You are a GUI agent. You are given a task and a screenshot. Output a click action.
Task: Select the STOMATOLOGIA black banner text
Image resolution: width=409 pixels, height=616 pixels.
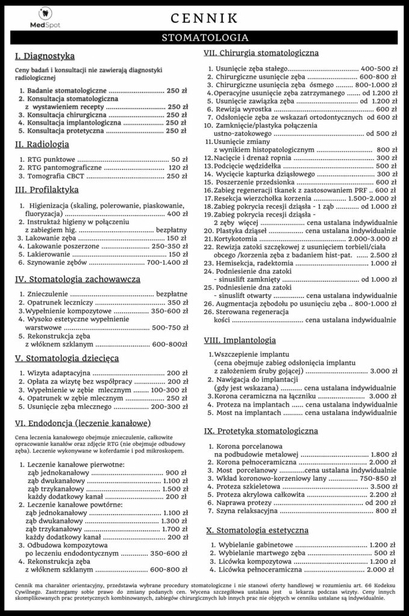(x=205, y=39)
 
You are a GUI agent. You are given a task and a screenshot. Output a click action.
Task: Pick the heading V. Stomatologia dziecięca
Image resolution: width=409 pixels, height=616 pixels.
(x=66, y=358)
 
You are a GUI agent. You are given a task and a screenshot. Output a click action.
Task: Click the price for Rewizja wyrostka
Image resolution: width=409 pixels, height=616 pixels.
(x=386, y=109)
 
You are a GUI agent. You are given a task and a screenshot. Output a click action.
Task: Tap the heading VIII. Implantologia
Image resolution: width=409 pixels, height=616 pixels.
(x=240, y=340)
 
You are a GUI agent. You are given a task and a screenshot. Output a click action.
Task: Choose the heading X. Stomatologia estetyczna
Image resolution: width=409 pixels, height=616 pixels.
(x=257, y=531)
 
